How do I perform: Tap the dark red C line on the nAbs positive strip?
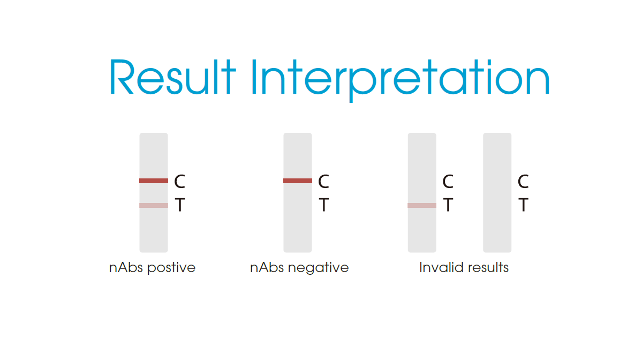pyautogui.click(x=154, y=181)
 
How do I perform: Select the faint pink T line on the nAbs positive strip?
pyautogui.click(x=154, y=206)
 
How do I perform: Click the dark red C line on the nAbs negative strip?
pyautogui.click(x=298, y=181)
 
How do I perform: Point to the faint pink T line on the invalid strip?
pyautogui.click(x=422, y=206)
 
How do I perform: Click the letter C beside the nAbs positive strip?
pyautogui.click(x=180, y=182)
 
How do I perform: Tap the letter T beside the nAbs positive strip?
pyautogui.click(x=180, y=205)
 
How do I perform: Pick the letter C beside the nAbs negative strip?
pyautogui.click(x=323, y=182)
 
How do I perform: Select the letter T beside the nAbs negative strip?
pyautogui.click(x=323, y=205)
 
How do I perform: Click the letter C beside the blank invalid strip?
pyautogui.click(x=523, y=182)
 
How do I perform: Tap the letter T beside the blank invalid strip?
pyautogui.click(x=523, y=205)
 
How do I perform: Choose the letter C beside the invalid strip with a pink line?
pyautogui.click(x=448, y=182)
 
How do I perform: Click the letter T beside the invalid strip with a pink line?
pyautogui.click(x=448, y=205)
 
